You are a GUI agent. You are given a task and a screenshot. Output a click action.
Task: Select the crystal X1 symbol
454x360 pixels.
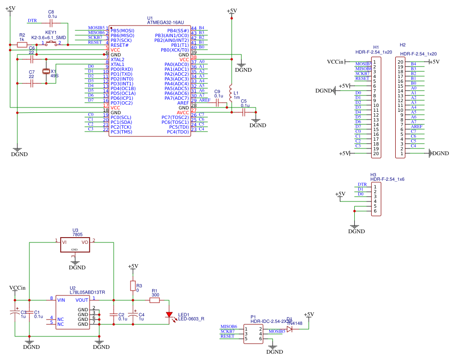[46, 71]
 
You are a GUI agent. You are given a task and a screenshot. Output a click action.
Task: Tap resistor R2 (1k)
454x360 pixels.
[22, 45]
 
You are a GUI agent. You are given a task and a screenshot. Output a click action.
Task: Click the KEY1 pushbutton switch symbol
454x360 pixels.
[52, 43]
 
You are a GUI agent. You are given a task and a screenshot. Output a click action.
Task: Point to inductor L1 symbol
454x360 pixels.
[231, 93]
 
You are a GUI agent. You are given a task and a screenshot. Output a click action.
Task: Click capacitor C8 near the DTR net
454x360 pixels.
[52, 22]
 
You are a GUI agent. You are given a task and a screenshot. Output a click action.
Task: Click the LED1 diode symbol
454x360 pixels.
[169, 315]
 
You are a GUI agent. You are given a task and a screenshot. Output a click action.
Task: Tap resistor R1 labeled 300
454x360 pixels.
[155, 300]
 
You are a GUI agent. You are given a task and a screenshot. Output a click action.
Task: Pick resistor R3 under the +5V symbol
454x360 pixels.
[133, 286]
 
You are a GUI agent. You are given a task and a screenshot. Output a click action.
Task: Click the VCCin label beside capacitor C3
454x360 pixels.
[17, 288]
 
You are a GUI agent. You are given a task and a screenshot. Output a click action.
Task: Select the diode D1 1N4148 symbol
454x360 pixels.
[289, 329]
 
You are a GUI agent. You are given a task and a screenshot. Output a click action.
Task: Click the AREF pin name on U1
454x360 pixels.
[182, 103]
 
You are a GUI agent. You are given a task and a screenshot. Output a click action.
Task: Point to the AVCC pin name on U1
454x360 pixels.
[183, 112]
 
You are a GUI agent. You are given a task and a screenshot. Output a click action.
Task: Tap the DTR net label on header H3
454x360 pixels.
[362, 185]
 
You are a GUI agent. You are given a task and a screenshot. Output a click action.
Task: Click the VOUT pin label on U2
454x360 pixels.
[82, 299]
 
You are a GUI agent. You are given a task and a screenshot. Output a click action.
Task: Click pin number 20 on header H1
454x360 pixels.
[374, 153]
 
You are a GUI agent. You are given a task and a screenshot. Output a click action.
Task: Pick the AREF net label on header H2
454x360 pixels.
[416, 126]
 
